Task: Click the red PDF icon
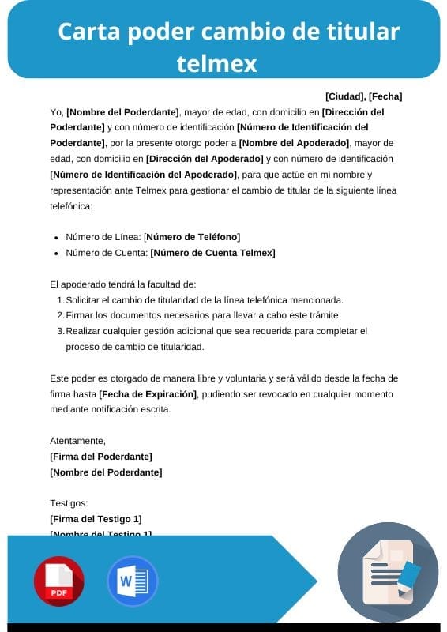58,581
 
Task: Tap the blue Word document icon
132,581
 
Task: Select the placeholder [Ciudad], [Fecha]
363,96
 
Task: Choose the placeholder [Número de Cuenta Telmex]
212,253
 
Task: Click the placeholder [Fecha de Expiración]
148,393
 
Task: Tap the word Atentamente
77,441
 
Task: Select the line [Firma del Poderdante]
100,457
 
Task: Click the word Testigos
69,503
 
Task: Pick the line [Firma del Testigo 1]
96,519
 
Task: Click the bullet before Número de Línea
56,238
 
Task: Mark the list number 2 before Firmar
60,316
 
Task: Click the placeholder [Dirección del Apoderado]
205,159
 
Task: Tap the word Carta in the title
85,32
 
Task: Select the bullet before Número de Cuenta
56,254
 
